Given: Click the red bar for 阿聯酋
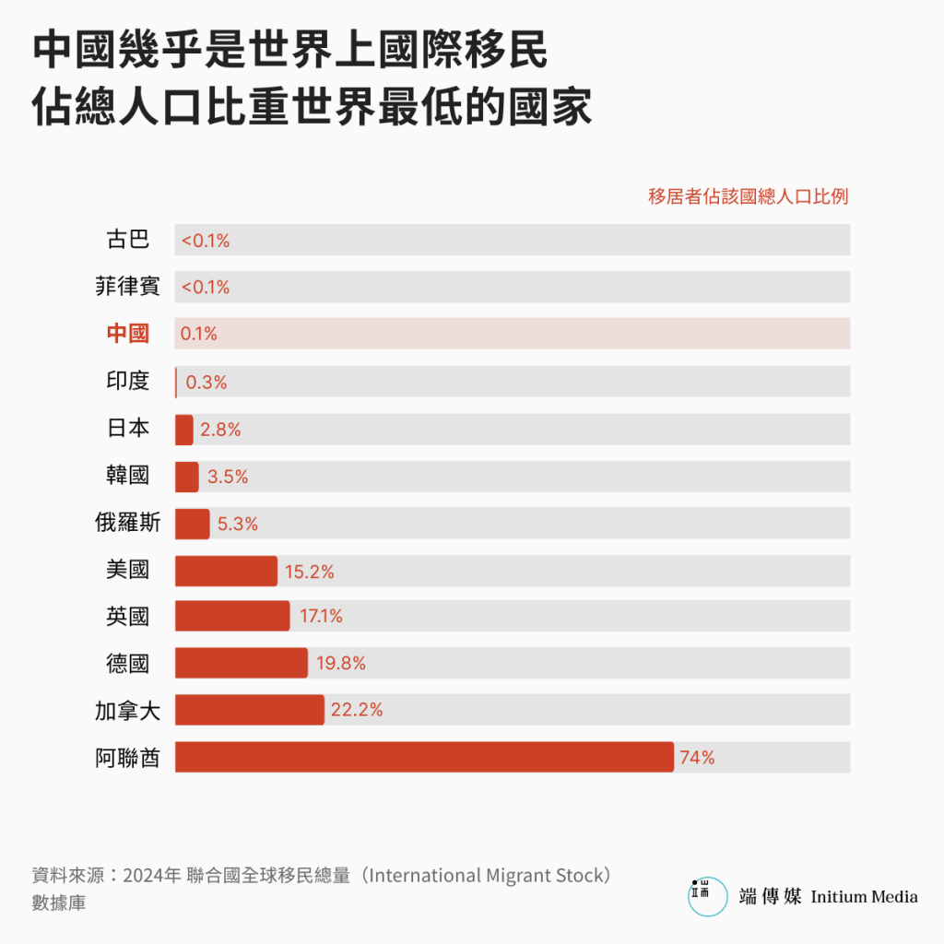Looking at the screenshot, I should pyautogui.click(x=424, y=757).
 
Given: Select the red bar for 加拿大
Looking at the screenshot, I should pyautogui.click(x=250, y=710).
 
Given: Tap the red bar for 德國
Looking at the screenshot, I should pyautogui.click(x=242, y=663).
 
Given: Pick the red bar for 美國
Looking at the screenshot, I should pyautogui.click(x=226, y=571).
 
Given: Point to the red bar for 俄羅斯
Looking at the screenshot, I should pyautogui.click(x=193, y=524).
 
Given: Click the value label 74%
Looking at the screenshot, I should pyautogui.click(x=697, y=758).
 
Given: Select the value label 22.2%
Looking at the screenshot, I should pyautogui.click(x=357, y=710).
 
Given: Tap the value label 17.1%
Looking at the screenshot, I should pyautogui.click(x=321, y=616).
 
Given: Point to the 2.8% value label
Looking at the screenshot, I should pyautogui.click(x=220, y=430).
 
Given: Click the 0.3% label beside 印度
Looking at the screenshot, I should pyautogui.click(x=206, y=382).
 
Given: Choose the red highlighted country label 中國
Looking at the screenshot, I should pyautogui.click(x=127, y=333).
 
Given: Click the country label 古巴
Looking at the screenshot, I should pyautogui.click(x=127, y=240).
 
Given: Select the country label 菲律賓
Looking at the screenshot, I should pyautogui.click(x=127, y=287).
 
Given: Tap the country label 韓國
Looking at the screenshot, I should pyautogui.click(x=127, y=476).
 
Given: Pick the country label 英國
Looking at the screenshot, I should pyautogui.click(x=127, y=616).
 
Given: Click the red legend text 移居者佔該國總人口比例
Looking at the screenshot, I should pyautogui.click(x=748, y=196).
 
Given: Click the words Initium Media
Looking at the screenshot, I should pyautogui.click(x=864, y=896).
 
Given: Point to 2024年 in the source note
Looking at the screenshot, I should pyautogui.click(x=151, y=876).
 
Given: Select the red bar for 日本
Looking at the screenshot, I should pyautogui.click(x=184, y=430).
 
